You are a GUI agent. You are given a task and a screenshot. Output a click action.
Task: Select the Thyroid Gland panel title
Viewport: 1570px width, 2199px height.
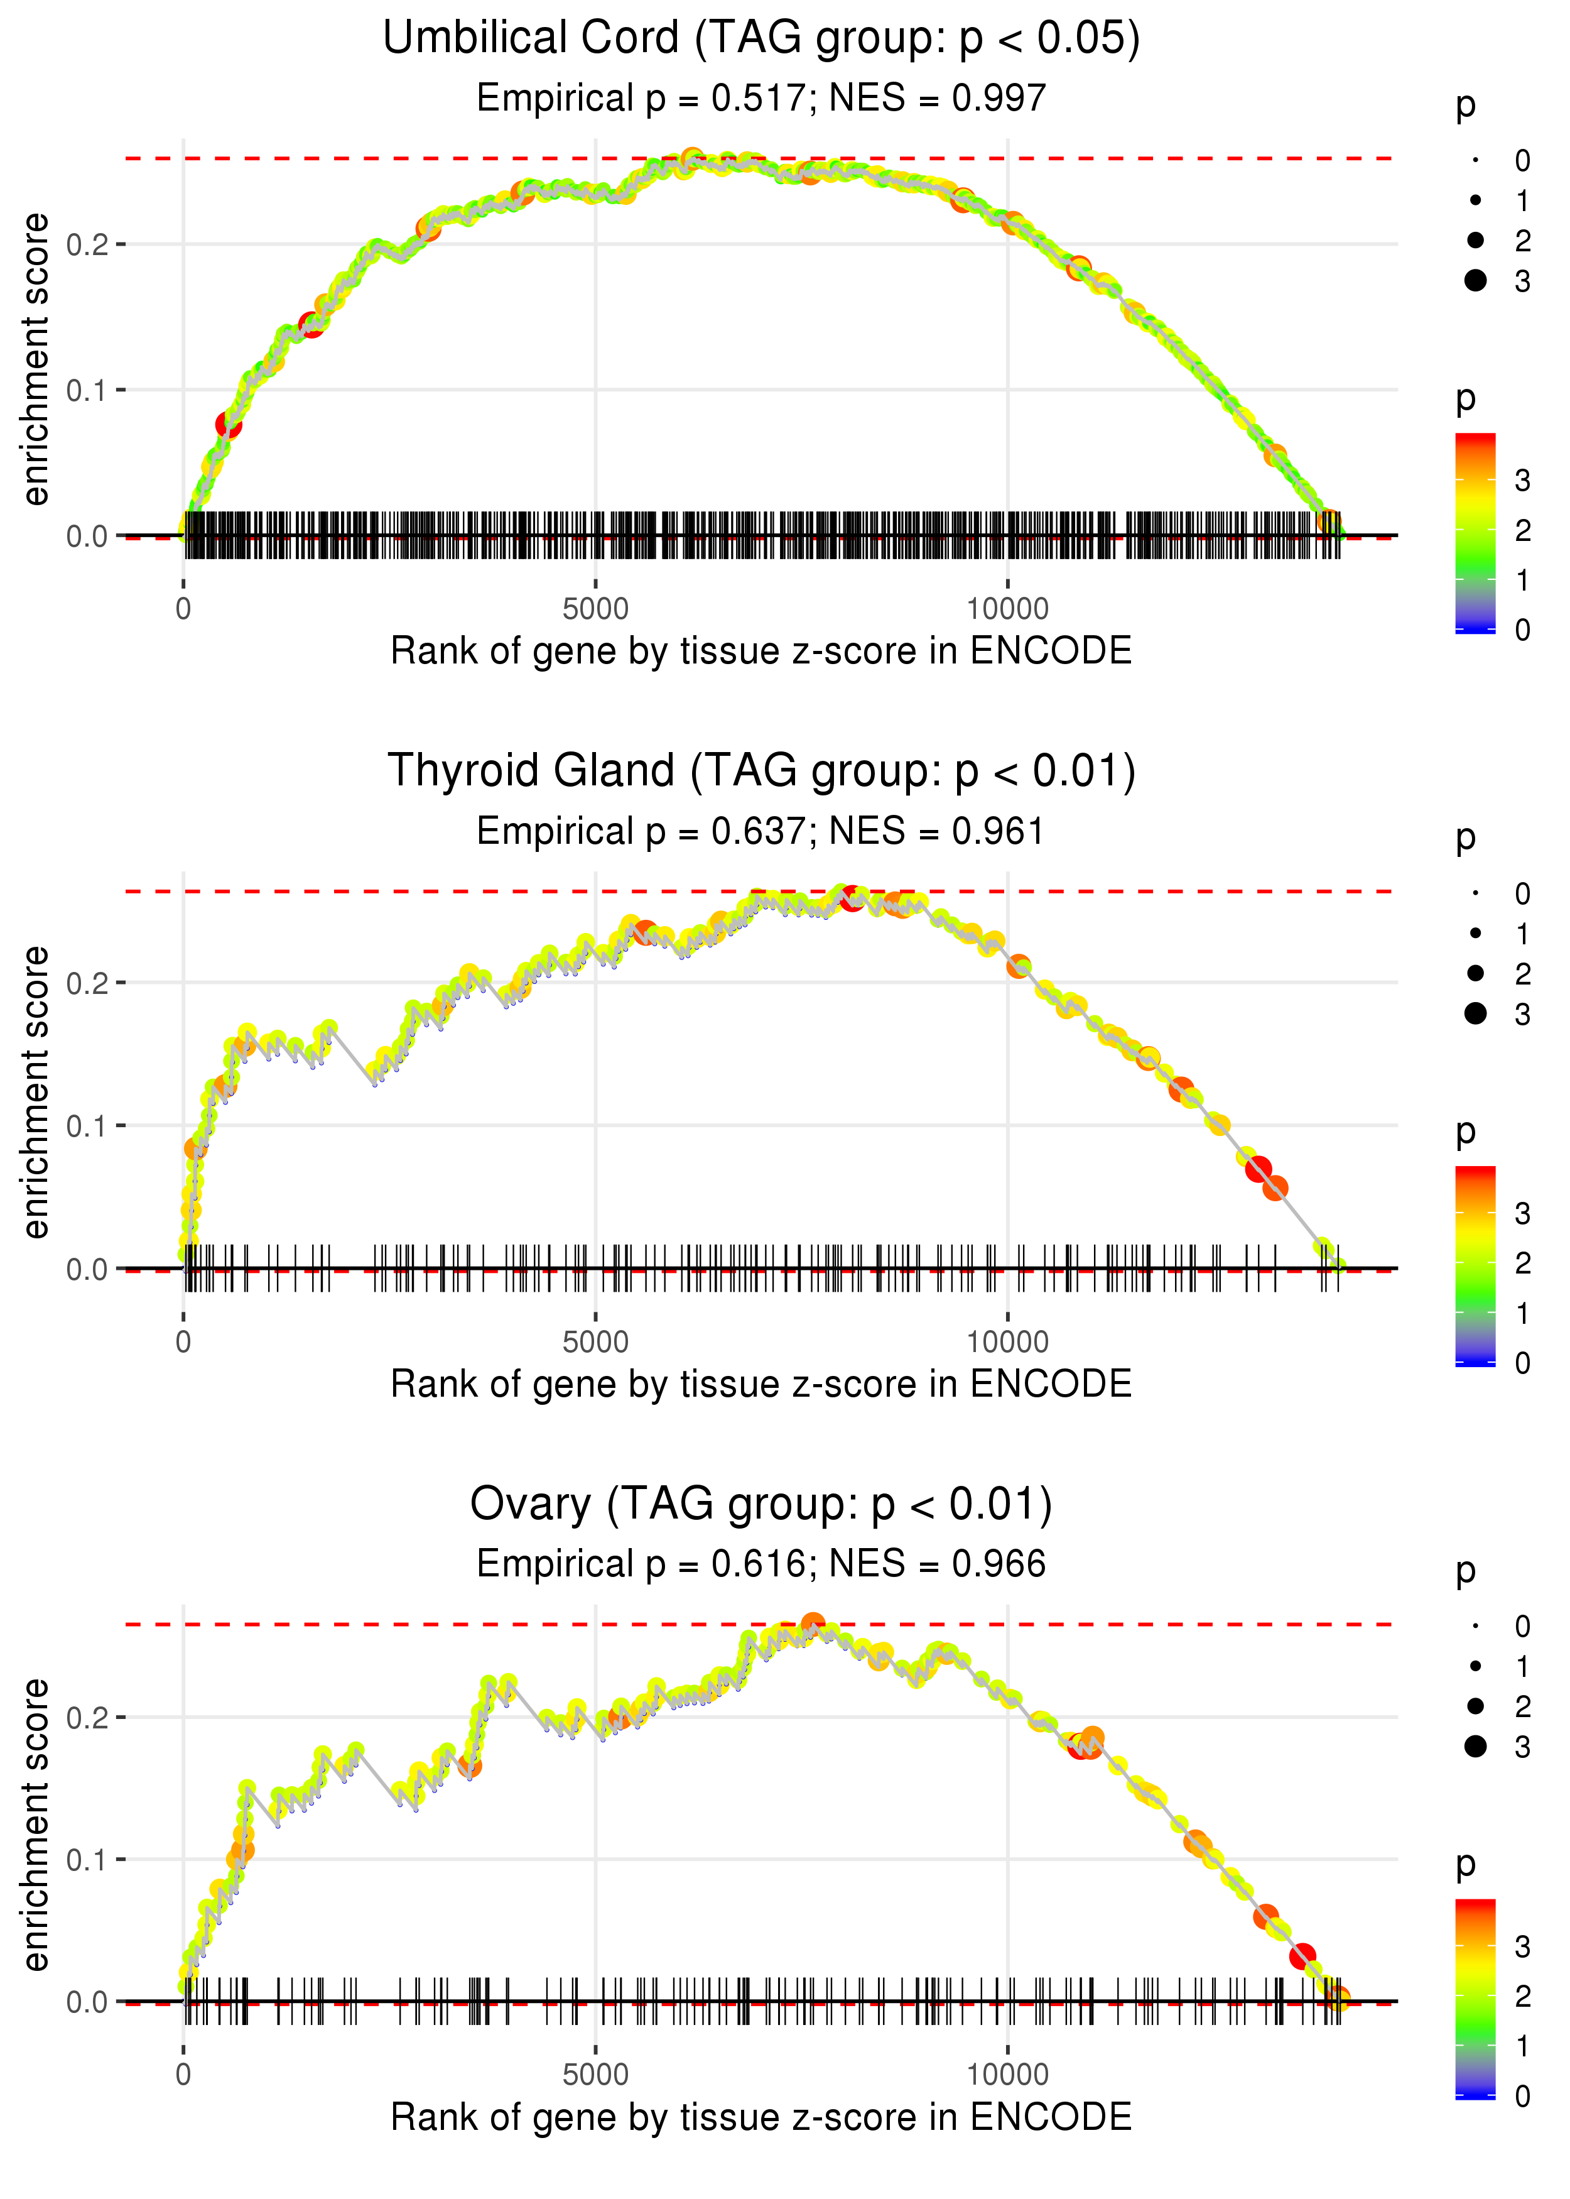click(x=761, y=772)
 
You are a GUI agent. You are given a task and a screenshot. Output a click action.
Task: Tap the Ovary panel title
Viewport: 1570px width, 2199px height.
click(x=761, y=1505)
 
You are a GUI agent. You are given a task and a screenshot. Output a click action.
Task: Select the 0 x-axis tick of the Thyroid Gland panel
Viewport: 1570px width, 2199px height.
click(x=183, y=1342)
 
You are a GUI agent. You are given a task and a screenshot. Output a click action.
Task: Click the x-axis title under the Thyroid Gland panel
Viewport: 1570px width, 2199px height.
click(x=761, y=1384)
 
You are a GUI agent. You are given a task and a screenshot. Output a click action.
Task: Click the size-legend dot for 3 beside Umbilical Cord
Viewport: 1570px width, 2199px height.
click(x=1475, y=280)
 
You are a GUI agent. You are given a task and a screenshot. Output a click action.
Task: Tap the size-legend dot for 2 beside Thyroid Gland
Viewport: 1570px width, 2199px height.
click(x=1475, y=973)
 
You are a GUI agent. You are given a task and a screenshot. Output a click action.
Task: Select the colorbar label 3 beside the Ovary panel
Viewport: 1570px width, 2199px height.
click(x=1523, y=1946)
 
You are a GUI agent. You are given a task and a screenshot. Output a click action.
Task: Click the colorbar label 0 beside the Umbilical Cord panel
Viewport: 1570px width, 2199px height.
click(x=1523, y=631)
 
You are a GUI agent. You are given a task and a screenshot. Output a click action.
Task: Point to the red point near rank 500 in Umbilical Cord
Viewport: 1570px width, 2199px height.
click(x=228, y=425)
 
